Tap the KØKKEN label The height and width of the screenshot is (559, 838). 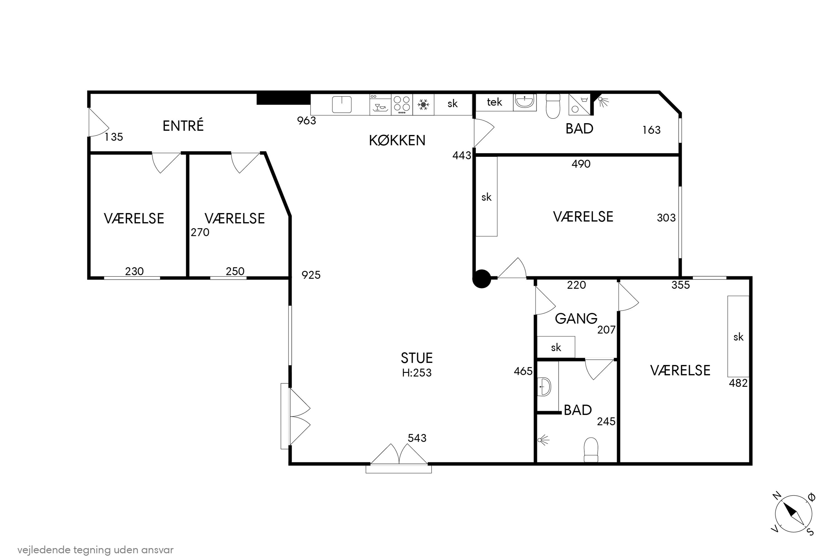pos(397,141)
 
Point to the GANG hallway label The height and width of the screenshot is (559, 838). pos(576,318)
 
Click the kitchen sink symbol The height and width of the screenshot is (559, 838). pos(342,105)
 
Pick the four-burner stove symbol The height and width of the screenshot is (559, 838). pos(402,105)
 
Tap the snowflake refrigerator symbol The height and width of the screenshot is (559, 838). pos(423,105)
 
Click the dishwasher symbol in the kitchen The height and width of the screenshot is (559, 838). pos(380,105)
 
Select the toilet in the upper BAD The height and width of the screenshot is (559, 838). pos(553,106)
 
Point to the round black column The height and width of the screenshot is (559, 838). pos(482,278)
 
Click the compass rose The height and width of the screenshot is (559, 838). pos(794,514)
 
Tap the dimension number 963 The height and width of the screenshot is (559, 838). pos(306,120)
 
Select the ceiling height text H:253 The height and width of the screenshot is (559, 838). pos(416,373)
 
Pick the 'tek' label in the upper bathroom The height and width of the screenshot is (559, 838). pos(494,102)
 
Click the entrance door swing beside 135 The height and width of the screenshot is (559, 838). pos(98,122)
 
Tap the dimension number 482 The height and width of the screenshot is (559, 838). pos(738,383)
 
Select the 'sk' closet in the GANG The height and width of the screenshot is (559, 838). pos(556,347)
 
